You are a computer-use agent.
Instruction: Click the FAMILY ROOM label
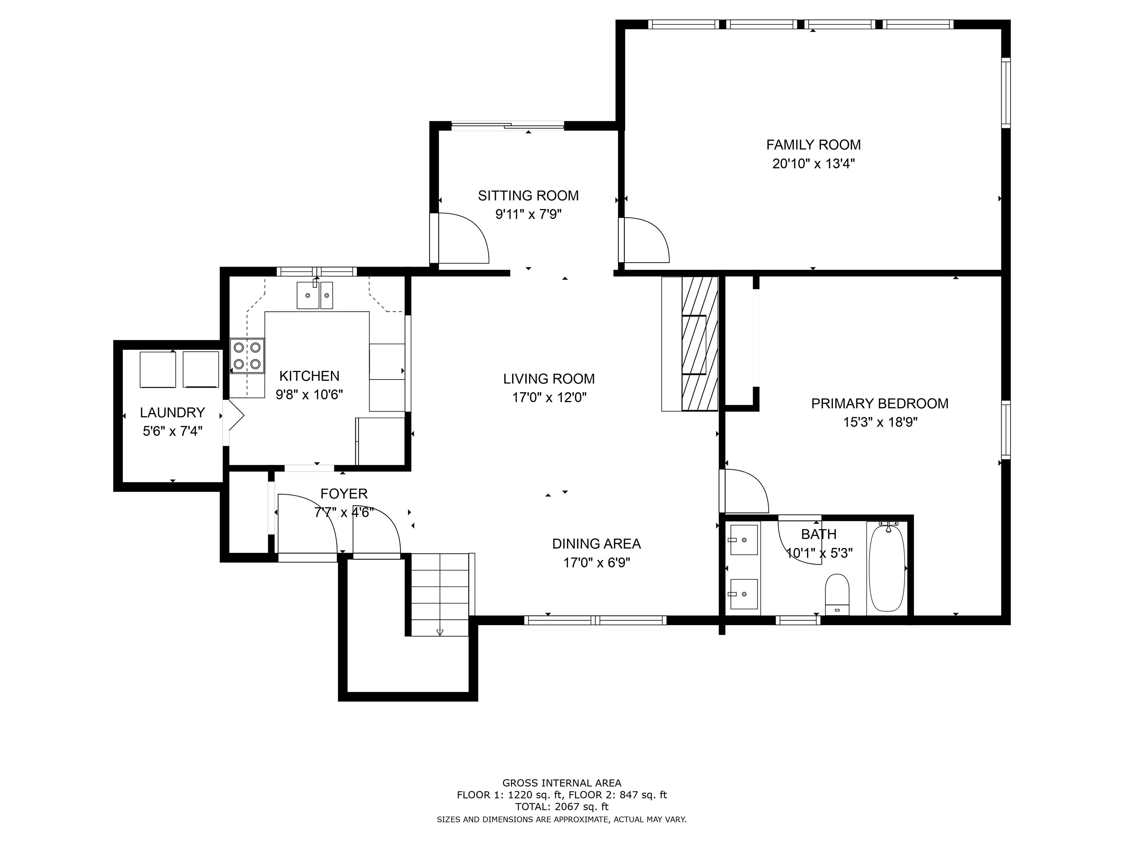[x=813, y=145]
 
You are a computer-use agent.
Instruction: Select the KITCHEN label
[x=309, y=376]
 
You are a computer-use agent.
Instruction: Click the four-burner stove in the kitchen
[x=247, y=356]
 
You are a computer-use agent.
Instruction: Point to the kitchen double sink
[x=315, y=295]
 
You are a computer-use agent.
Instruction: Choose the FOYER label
[x=344, y=494]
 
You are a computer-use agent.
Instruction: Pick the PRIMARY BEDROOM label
[x=880, y=403]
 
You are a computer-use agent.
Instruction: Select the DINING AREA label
[x=597, y=544]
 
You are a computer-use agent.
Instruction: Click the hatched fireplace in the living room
[x=700, y=344]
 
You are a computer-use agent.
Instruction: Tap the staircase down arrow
[x=440, y=633]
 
